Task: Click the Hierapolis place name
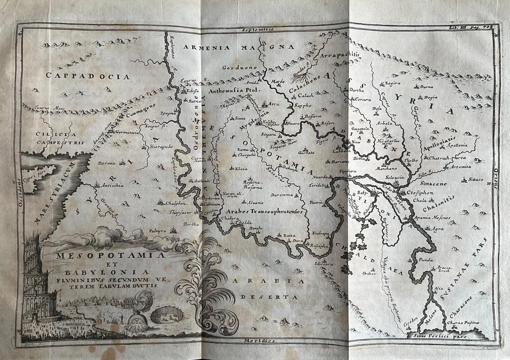click(x=161, y=145)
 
